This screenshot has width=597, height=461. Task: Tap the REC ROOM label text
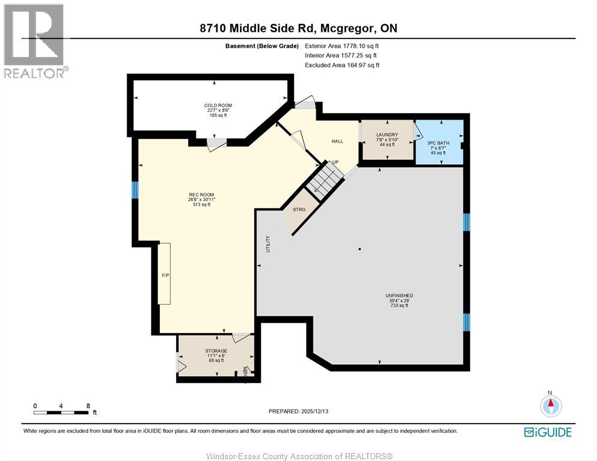coord(201,195)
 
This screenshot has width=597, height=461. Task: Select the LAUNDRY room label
coord(387,135)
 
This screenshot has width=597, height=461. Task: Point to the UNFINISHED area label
coord(399,296)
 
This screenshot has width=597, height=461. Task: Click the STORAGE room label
coord(216,351)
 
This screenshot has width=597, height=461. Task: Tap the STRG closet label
coord(299,210)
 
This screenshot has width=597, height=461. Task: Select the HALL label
coord(337,141)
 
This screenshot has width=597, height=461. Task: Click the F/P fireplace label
coord(165,275)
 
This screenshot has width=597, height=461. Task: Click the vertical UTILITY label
coord(268,244)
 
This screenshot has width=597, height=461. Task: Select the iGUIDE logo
coord(547,432)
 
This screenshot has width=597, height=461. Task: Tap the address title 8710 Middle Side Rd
coord(298,28)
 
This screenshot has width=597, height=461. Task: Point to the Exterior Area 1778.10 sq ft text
coord(341,46)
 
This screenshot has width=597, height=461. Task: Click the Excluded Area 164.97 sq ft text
coord(341,65)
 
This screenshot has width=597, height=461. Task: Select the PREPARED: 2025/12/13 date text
coord(299,411)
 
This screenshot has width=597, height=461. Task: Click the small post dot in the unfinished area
coord(360,249)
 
